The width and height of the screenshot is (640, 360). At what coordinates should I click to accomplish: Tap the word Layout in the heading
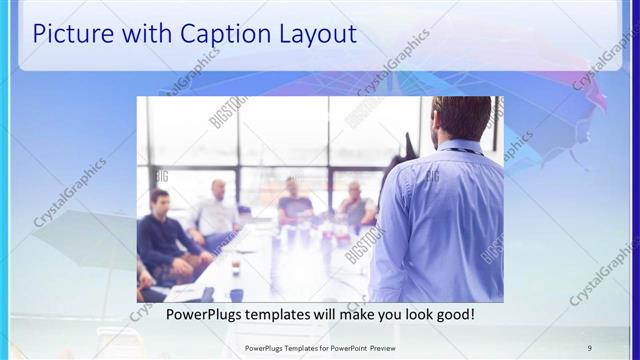(314, 34)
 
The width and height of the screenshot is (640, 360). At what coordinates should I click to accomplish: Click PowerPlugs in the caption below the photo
(177, 315)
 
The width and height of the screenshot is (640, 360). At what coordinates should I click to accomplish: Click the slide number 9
(589, 347)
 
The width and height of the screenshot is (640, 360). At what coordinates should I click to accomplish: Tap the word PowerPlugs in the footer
(264, 347)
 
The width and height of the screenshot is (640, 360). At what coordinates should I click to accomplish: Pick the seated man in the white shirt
(216, 212)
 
